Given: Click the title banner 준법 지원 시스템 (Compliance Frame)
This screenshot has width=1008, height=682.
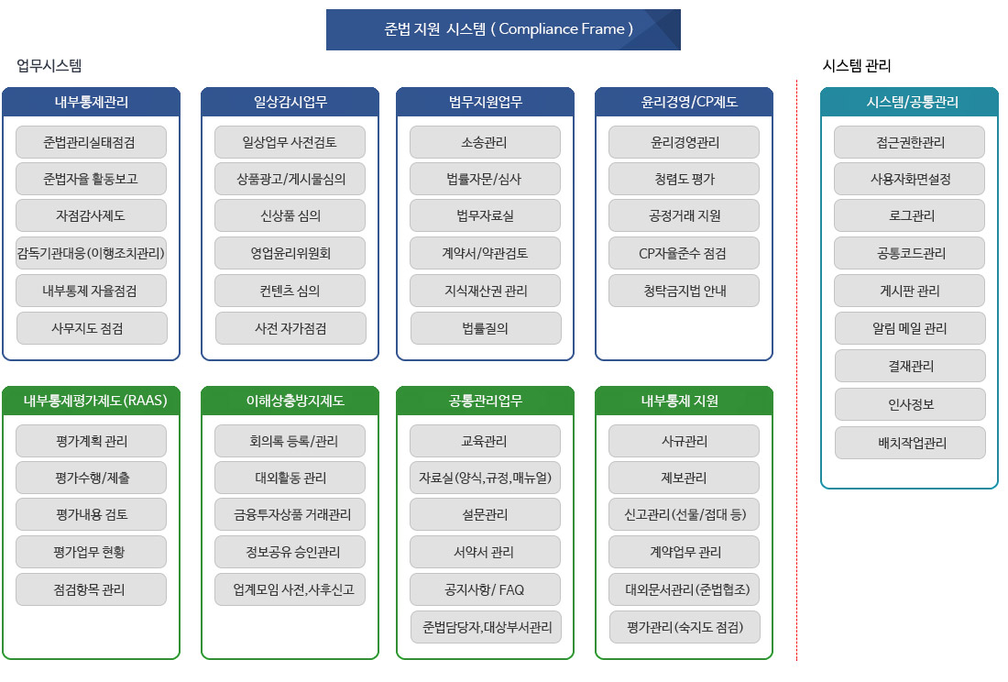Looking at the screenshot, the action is [503, 29].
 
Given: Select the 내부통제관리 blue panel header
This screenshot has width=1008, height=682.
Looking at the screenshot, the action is [92, 102].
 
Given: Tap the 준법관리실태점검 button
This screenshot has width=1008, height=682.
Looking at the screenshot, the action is [91, 142].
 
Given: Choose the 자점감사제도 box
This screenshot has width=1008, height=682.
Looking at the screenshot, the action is [91, 215].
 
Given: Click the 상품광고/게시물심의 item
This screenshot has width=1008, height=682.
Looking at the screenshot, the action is [290, 179].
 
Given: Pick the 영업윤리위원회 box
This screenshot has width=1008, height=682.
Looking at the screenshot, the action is [290, 253].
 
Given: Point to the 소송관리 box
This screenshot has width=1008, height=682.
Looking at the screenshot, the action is [485, 142].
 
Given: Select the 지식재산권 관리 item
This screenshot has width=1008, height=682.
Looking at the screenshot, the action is [485, 291].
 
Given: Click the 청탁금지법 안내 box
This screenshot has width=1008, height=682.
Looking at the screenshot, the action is [684, 291].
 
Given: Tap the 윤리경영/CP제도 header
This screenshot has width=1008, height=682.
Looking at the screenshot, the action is [684, 102].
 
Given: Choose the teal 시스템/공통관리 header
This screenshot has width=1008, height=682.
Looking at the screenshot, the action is [910, 102].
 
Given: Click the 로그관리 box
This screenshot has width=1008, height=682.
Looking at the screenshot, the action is [910, 215].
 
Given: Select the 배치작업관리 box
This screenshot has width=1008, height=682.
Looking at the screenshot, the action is [910, 443].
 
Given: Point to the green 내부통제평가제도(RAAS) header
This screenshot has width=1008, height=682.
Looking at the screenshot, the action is [92, 401].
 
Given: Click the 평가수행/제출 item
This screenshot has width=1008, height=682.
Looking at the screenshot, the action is [91, 478].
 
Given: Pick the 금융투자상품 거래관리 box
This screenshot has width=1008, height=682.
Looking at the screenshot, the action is [290, 514].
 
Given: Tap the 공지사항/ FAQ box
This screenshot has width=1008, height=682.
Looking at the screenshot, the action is [485, 589].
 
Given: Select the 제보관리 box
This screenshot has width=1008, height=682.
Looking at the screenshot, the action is [684, 478].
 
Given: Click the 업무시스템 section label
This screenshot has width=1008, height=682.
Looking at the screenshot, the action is [49, 66].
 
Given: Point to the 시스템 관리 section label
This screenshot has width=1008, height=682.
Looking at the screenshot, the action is [856, 66].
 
